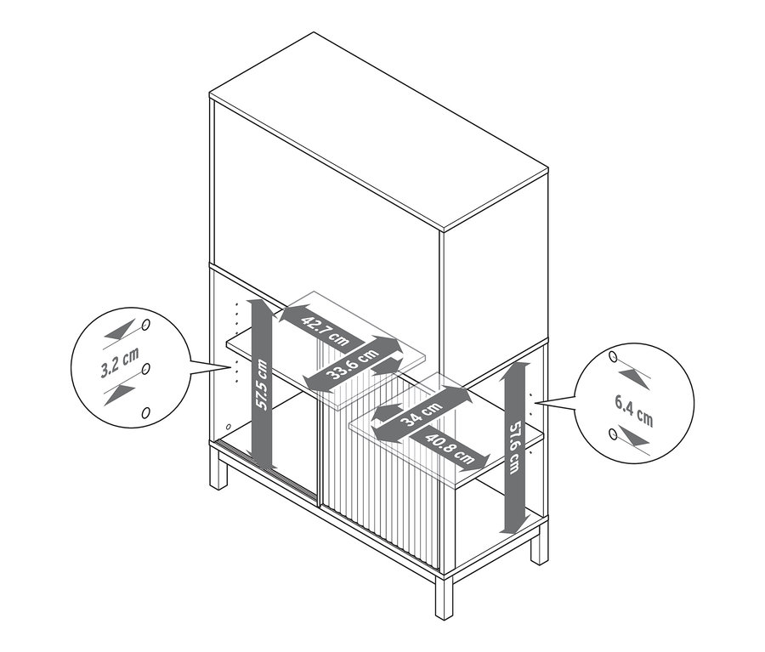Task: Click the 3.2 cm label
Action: coord(120,362)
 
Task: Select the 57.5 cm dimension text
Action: coord(262,384)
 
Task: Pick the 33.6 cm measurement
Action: coord(352,364)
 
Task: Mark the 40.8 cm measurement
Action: coord(450,448)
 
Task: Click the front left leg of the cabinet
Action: coord(218,468)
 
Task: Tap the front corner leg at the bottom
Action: coord(444,598)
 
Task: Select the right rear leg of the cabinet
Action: coord(540,545)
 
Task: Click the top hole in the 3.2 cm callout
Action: coord(145,326)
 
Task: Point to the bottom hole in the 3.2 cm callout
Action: coord(144,413)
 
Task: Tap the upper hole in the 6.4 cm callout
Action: coord(613,357)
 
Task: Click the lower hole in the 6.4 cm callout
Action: coord(613,434)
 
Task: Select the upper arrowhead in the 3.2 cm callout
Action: coord(120,331)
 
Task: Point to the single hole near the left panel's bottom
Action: coord(229,427)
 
